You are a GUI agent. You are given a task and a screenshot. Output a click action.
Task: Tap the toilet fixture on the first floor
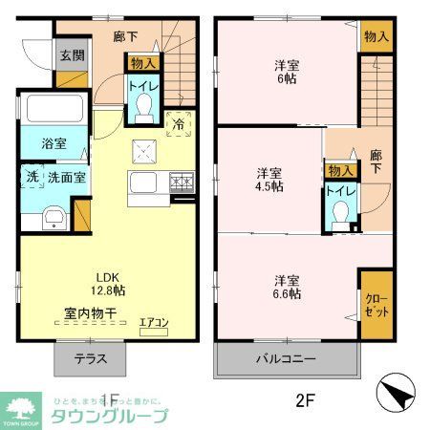click(144, 113)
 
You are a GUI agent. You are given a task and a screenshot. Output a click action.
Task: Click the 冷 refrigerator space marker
click(177, 121)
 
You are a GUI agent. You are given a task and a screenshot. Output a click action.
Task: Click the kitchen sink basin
click(145, 183)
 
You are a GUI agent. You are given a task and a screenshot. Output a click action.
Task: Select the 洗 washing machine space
click(32, 177)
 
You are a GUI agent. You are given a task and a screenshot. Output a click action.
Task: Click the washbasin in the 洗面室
click(54, 218)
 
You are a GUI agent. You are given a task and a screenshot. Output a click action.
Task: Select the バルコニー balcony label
click(285, 360)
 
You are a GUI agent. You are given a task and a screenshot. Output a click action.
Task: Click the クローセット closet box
click(376, 304)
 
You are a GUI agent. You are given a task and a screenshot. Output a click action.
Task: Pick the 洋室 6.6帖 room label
click(287, 287)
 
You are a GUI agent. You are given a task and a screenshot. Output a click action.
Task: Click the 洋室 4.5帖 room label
click(269, 180)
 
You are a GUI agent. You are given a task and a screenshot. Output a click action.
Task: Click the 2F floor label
click(304, 400)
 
